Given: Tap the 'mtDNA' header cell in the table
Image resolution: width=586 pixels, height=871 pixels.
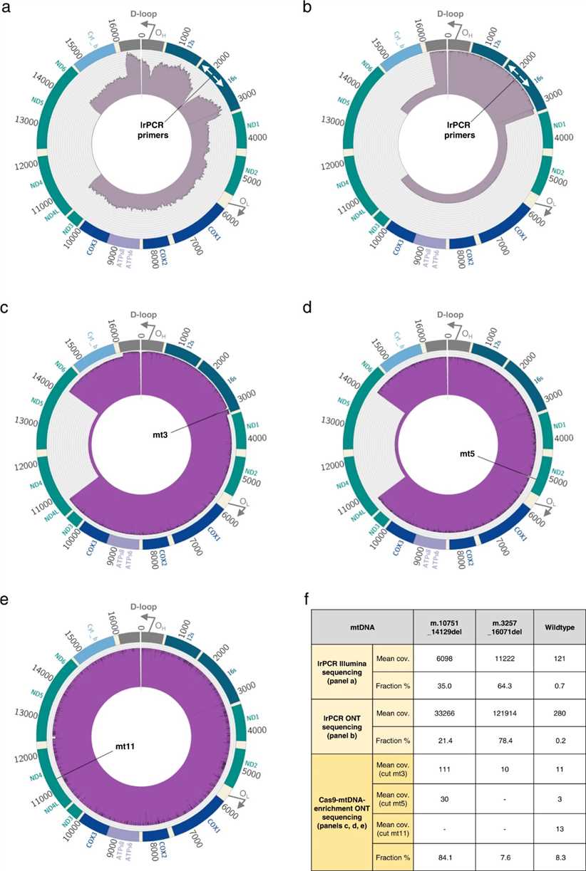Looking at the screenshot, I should (x=361, y=627).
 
